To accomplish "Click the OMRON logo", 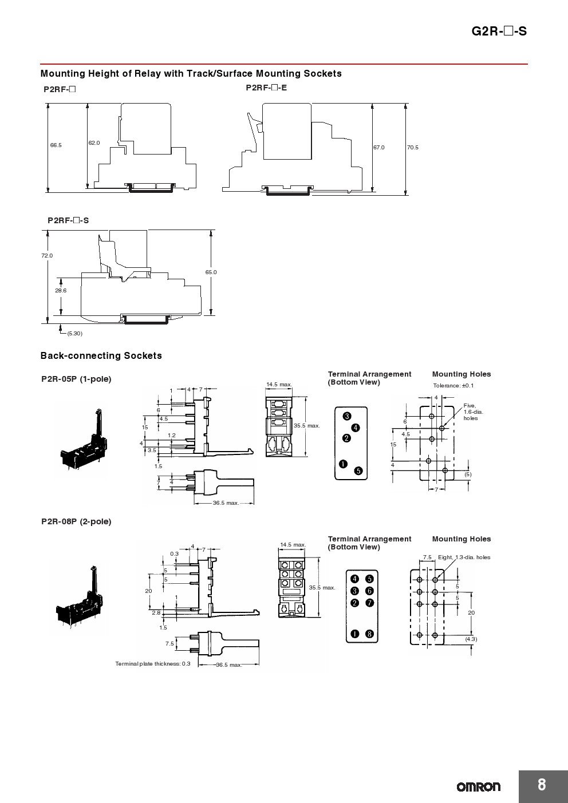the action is [x=478, y=787].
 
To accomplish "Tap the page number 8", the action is [x=542, y=784].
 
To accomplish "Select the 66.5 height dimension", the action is [x=56, y=145].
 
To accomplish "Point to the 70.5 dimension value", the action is [x=413, y=147].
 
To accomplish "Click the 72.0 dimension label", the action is [x=47, y=256].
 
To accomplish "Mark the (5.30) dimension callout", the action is [x=74, y=333].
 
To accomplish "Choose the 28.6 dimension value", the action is [x=61, y=290].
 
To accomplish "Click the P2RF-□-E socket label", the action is [x=266, y=88].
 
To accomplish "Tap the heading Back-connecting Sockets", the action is [x=101, y=355].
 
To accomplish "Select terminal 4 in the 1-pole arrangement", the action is [x=356, y=428].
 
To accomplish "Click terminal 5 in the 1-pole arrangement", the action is [x=358, y=470].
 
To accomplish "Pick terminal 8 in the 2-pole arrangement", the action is [x=370, y=634].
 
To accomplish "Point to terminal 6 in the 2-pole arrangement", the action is [x=370, y=591].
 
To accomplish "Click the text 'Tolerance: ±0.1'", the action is [x=453, y=386].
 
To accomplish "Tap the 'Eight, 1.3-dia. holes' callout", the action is [x=464, y=557].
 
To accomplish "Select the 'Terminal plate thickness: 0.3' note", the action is [x=153, y=663].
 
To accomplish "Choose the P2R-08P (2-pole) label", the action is [x=76, y=521].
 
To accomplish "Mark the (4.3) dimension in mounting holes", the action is [x=471, y=639].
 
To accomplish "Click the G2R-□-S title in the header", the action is [x=499, y=31].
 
